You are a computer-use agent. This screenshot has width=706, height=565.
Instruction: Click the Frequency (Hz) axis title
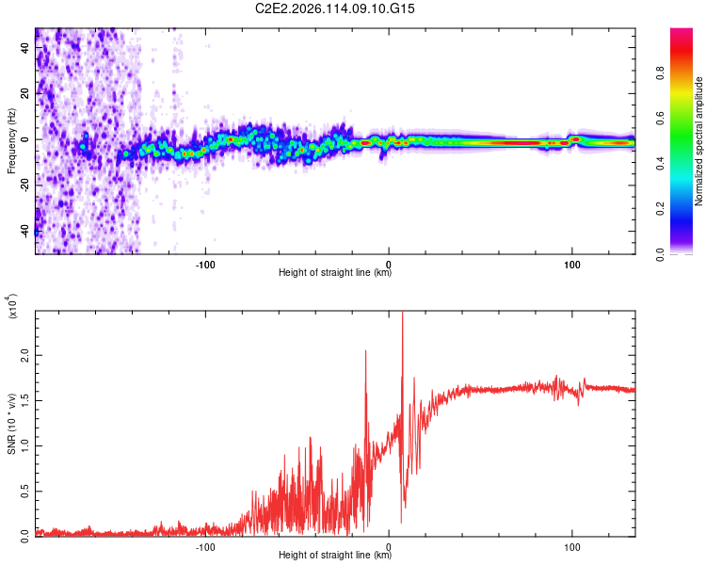(12, 141)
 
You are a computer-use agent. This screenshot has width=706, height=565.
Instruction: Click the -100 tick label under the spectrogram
(206, 264)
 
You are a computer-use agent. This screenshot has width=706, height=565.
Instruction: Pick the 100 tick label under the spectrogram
(571, 264)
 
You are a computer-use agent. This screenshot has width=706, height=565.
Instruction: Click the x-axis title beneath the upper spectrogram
(335, 273)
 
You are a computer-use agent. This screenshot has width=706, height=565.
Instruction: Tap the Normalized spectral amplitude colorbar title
(698, 141)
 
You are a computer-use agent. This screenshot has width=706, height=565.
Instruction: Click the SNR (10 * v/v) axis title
(12, 424)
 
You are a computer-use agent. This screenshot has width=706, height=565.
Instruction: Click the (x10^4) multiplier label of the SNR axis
(12, 307)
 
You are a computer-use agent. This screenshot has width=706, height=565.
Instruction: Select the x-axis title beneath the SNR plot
(335, 556)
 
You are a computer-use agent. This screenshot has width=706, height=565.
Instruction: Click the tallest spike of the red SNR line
(403, 315)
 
